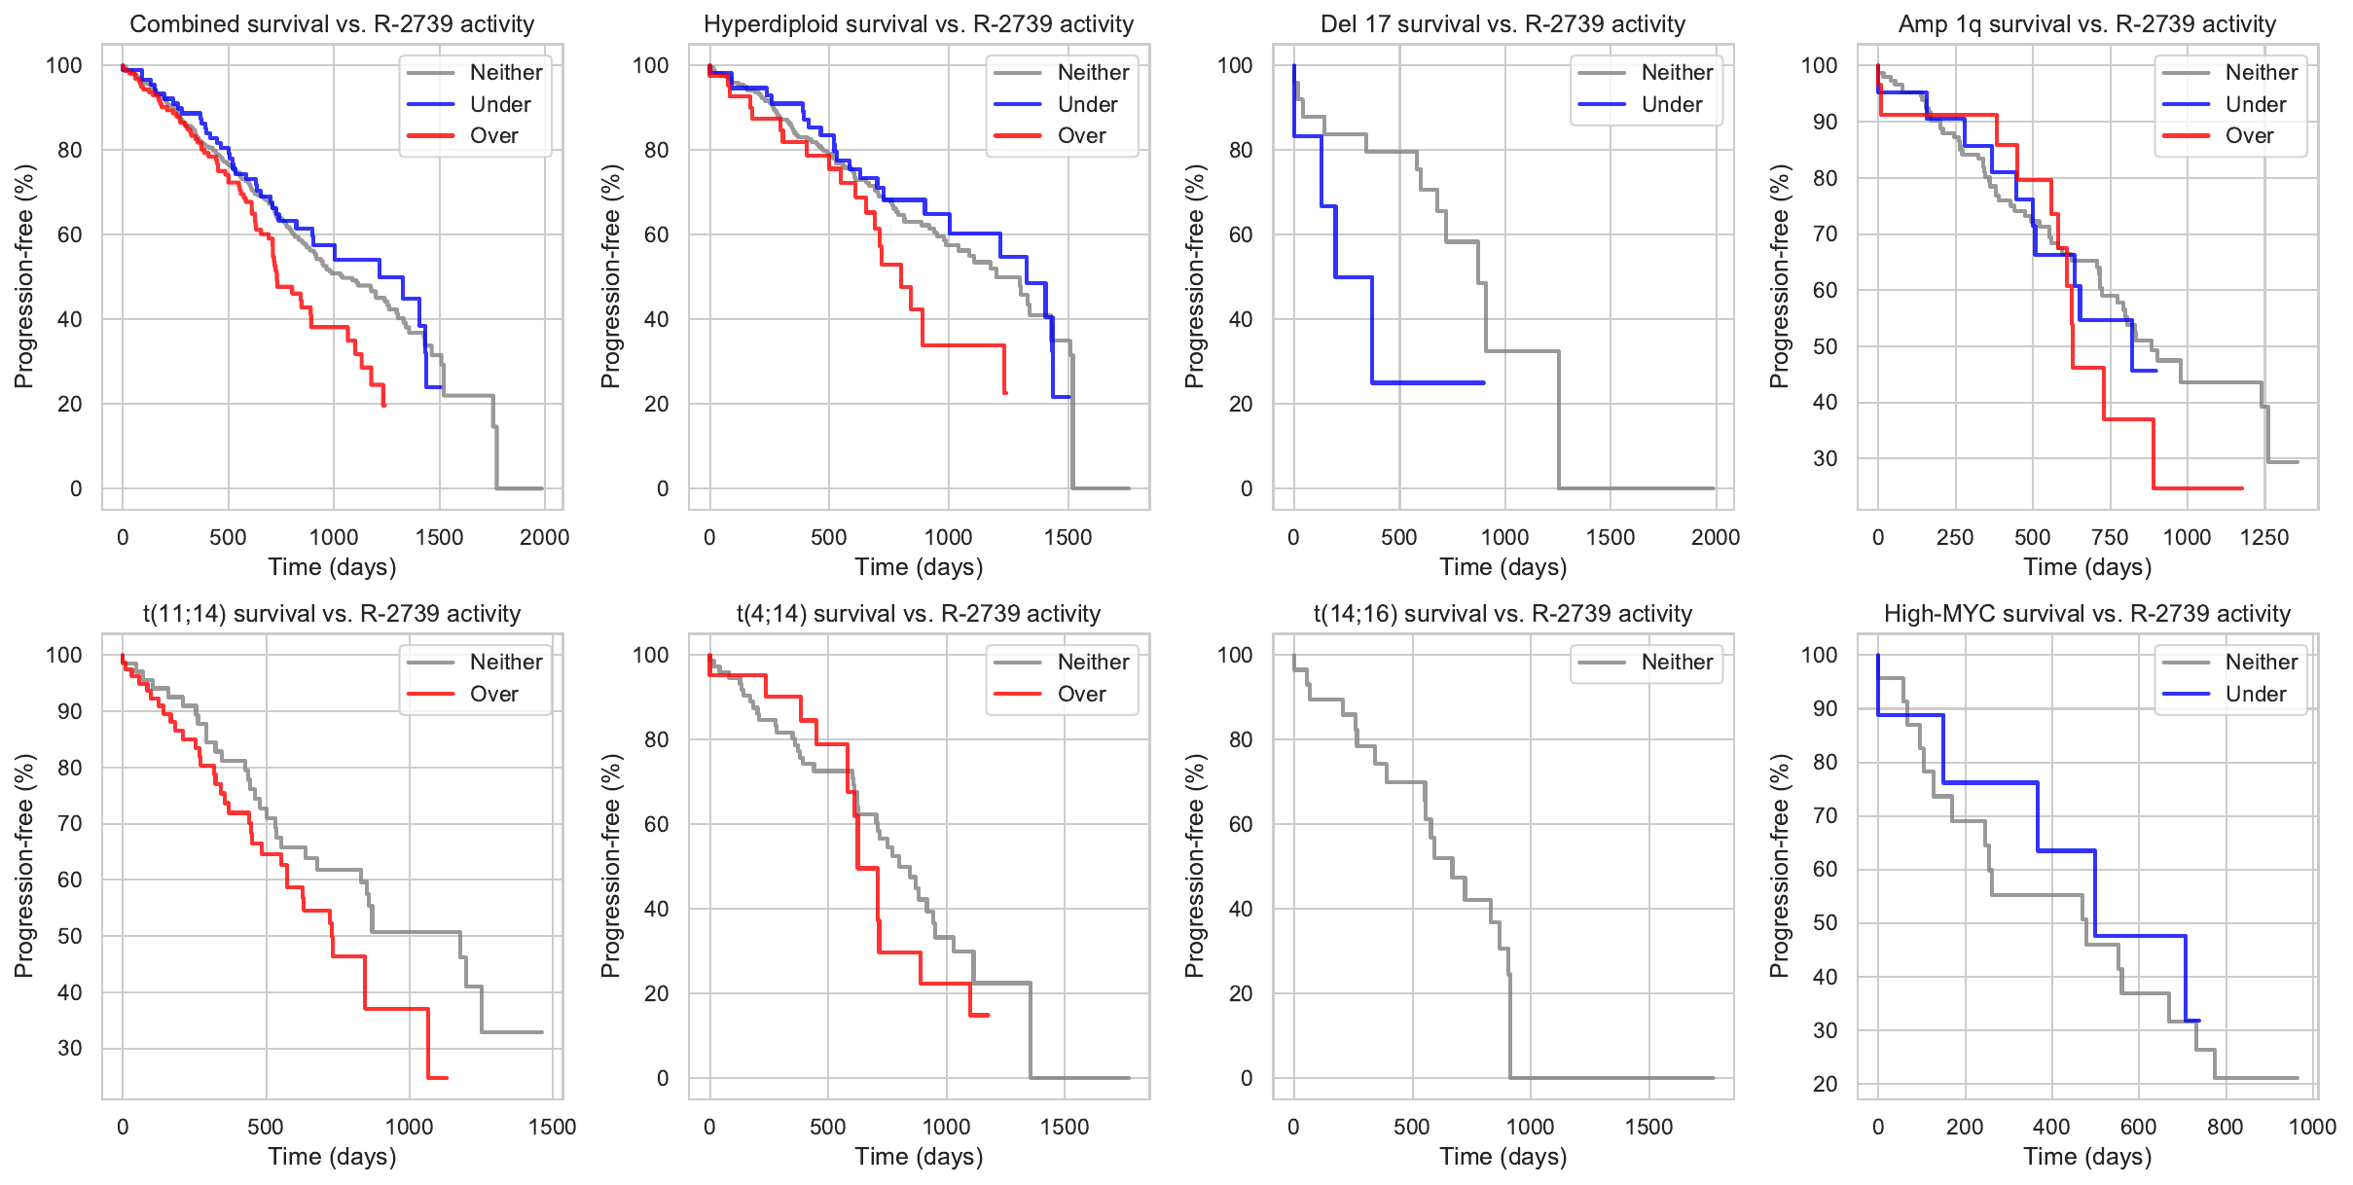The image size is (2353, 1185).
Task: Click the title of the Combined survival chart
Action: click(332, 23)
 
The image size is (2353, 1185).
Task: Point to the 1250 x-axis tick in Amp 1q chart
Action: click(2264, 537)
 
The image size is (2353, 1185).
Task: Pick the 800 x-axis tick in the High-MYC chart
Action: click(2225, 1127)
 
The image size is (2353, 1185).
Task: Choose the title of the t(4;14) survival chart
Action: click(918, 614)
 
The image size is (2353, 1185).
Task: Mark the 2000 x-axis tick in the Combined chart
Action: click(544, 537)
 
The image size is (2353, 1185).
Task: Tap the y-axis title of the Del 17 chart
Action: click(1195, 276)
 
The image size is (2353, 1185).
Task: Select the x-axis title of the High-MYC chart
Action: click(2087, 1157)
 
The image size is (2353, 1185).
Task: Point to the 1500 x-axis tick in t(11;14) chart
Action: click(552, 1127)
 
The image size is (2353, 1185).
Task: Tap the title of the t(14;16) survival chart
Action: click(1502, 614)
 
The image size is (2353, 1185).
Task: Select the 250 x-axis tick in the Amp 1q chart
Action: click(1955, 537)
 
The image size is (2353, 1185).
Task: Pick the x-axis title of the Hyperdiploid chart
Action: click(919, 567)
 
